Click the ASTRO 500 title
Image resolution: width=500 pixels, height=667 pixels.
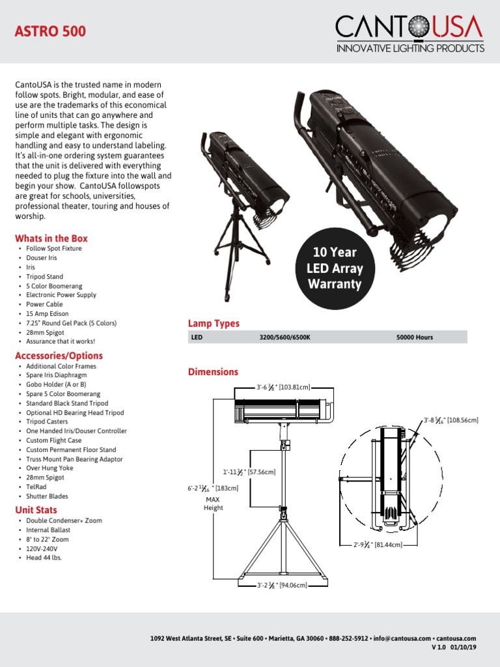click(50, 31)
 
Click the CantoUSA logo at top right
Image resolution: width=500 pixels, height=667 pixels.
click(410, 35)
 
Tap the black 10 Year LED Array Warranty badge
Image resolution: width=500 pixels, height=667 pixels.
click(335, 268)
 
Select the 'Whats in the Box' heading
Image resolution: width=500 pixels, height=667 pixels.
click(51, 238)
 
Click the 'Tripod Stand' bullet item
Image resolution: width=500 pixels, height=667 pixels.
click(45, 276)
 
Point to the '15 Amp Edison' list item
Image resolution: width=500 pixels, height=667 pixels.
click(48, 313)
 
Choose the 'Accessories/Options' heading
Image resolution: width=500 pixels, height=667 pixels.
click(59, 356)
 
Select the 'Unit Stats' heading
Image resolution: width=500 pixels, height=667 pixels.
click(36, 510)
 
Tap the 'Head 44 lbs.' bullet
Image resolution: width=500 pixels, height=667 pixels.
click(44, 558)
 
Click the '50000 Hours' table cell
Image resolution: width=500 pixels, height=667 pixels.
click(414, 337)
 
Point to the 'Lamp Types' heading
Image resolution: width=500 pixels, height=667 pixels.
click(214, 323)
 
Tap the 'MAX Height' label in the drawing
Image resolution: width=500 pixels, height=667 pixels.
click(213, 504)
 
